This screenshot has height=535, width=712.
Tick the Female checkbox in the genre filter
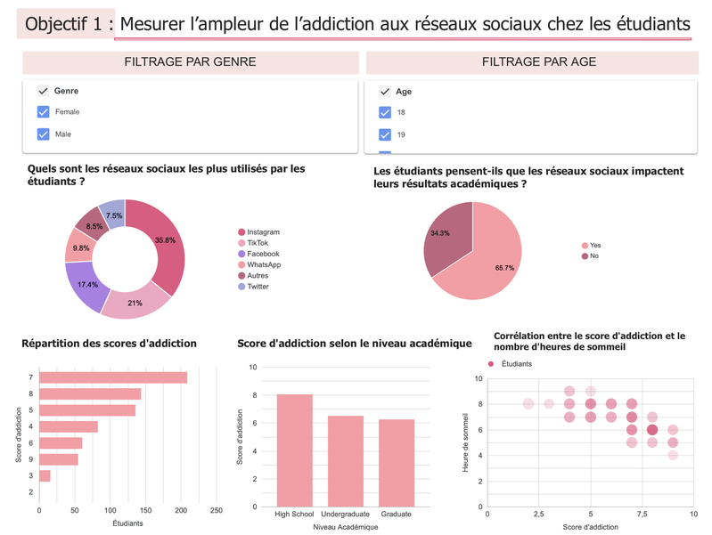[43, 112]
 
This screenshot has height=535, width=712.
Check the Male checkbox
[43, 134]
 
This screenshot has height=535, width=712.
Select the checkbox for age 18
[385, 113]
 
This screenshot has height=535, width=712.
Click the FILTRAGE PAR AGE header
[539, 62]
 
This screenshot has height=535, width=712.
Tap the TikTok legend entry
[258, 243]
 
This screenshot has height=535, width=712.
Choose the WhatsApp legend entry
[264, 264]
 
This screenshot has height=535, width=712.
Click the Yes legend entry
[595, 246]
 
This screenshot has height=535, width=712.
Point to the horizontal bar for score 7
[113, 377]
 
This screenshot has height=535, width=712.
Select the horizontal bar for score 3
[45, 476]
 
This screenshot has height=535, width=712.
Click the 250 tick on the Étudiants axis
[216, 511]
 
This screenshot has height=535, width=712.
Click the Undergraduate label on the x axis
[345, 515]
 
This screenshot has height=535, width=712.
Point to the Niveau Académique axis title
[345, 527]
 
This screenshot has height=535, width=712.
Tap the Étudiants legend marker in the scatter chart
[490, 364]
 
